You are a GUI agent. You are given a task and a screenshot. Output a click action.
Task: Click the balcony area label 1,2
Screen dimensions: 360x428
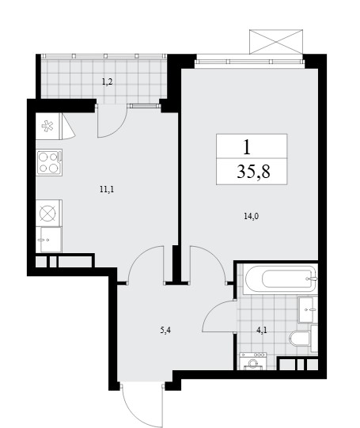pyautogui.click(x=108, y=81)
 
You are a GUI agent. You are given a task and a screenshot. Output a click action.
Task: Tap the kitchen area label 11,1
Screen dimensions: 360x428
pyautogui.click(x=107, y=189)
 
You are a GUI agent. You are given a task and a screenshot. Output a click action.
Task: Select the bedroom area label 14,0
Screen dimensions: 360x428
pyautogui.click(x=251, y=217)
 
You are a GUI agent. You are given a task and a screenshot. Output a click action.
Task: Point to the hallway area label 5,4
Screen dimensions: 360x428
pyautogui.click(x=165, y=331)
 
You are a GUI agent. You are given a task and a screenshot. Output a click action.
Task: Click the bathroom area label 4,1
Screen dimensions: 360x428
pyautogui.click(x=261, y=331)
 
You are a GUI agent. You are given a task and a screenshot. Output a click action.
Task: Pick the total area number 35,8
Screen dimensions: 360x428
pyautogui.click(x=253, y=172)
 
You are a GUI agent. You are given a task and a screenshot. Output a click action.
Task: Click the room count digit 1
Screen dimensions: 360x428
pyautogui.click(x=247, y=147)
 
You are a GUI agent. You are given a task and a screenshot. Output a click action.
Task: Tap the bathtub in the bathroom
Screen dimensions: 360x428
pyautogui.click(x=280, y=278)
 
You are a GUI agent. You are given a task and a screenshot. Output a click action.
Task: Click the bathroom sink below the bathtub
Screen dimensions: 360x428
pyautogui.click(x=308, y=309)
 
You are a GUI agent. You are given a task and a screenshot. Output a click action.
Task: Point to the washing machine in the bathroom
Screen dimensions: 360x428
pyautogui.click(x=253, y=361)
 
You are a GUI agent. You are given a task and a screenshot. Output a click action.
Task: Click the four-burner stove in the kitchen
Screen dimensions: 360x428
pyautogui.click(x=49, y=162)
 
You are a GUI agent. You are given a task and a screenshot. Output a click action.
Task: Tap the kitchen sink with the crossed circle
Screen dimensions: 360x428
pyautogui.click(x=49, y=213)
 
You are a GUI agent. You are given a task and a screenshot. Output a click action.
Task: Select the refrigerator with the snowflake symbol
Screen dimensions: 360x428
pyautogui.click(x=47, y=127)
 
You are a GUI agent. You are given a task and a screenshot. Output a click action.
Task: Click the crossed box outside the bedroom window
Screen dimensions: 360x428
pyautogui.click(x=276, y=42)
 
